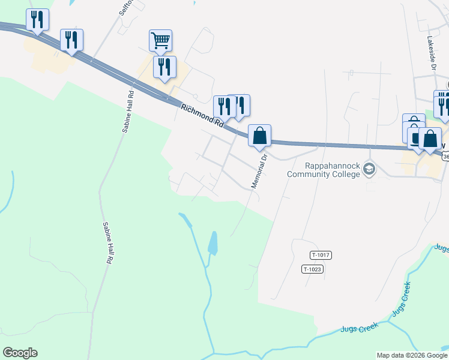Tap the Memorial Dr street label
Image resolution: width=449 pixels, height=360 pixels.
(x=259, y=171)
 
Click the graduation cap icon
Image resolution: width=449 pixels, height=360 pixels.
(x=369, y=170)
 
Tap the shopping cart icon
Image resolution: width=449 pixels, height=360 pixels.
(x=161, y=41)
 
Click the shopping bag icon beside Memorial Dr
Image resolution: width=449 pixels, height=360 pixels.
(x=259, y=136)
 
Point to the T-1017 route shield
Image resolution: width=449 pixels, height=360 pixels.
(x=321, y=255)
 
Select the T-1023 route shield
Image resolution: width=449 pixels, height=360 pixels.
(x=313, y=269)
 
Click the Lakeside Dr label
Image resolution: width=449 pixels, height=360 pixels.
(x=430, y=52)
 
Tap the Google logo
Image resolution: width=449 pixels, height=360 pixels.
(x=20, y=353)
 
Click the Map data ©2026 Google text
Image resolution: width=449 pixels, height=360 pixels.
(x=412, y=355)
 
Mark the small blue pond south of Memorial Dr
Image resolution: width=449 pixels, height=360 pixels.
(x=212, y=243)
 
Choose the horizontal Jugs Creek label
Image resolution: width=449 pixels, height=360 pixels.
(x=359, y=328)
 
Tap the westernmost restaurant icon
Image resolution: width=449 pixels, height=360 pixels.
(x=37, y=20)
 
